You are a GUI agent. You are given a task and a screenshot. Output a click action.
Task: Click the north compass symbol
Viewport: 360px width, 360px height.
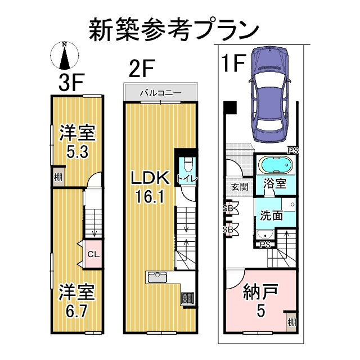[65, 56]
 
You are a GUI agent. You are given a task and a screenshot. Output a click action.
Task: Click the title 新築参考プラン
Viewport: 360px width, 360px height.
[173, 29]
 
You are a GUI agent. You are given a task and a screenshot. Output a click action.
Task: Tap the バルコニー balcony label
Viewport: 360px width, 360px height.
[160, 92]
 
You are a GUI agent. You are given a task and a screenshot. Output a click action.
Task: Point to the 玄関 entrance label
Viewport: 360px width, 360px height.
[238, 186]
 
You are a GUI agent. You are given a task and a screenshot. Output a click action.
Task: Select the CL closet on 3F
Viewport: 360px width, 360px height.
[93, 254]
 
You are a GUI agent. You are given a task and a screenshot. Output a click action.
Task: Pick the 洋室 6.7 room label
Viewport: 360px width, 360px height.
[77, 301]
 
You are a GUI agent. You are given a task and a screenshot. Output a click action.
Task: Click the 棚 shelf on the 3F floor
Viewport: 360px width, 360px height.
[58, 176]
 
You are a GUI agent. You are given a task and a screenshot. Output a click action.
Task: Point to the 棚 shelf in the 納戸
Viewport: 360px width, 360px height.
[290, 322]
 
